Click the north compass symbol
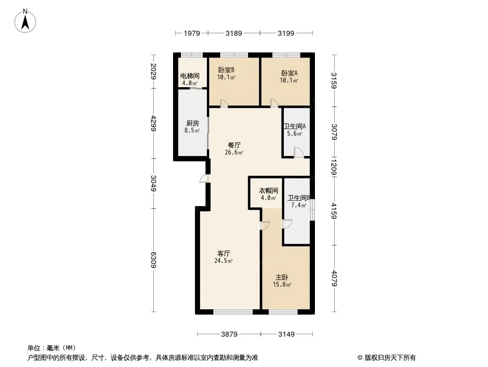(26, 21)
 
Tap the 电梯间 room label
(189, 76)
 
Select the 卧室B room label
(226, 70)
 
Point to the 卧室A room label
(289, 73)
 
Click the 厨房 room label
(192, 123)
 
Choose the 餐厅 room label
(234, 145)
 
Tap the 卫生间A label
(294, 127)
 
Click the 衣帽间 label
(269, 191)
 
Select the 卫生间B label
(298, 198)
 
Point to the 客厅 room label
(223, 253)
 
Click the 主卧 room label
(282, 278)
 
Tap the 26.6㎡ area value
(234, 153)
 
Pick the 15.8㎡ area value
(282, 285)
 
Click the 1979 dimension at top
(192, 33)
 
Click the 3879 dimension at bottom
(230, 334)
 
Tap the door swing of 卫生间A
(298, 153)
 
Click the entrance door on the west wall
(204, 179)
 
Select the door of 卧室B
(224, 103)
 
